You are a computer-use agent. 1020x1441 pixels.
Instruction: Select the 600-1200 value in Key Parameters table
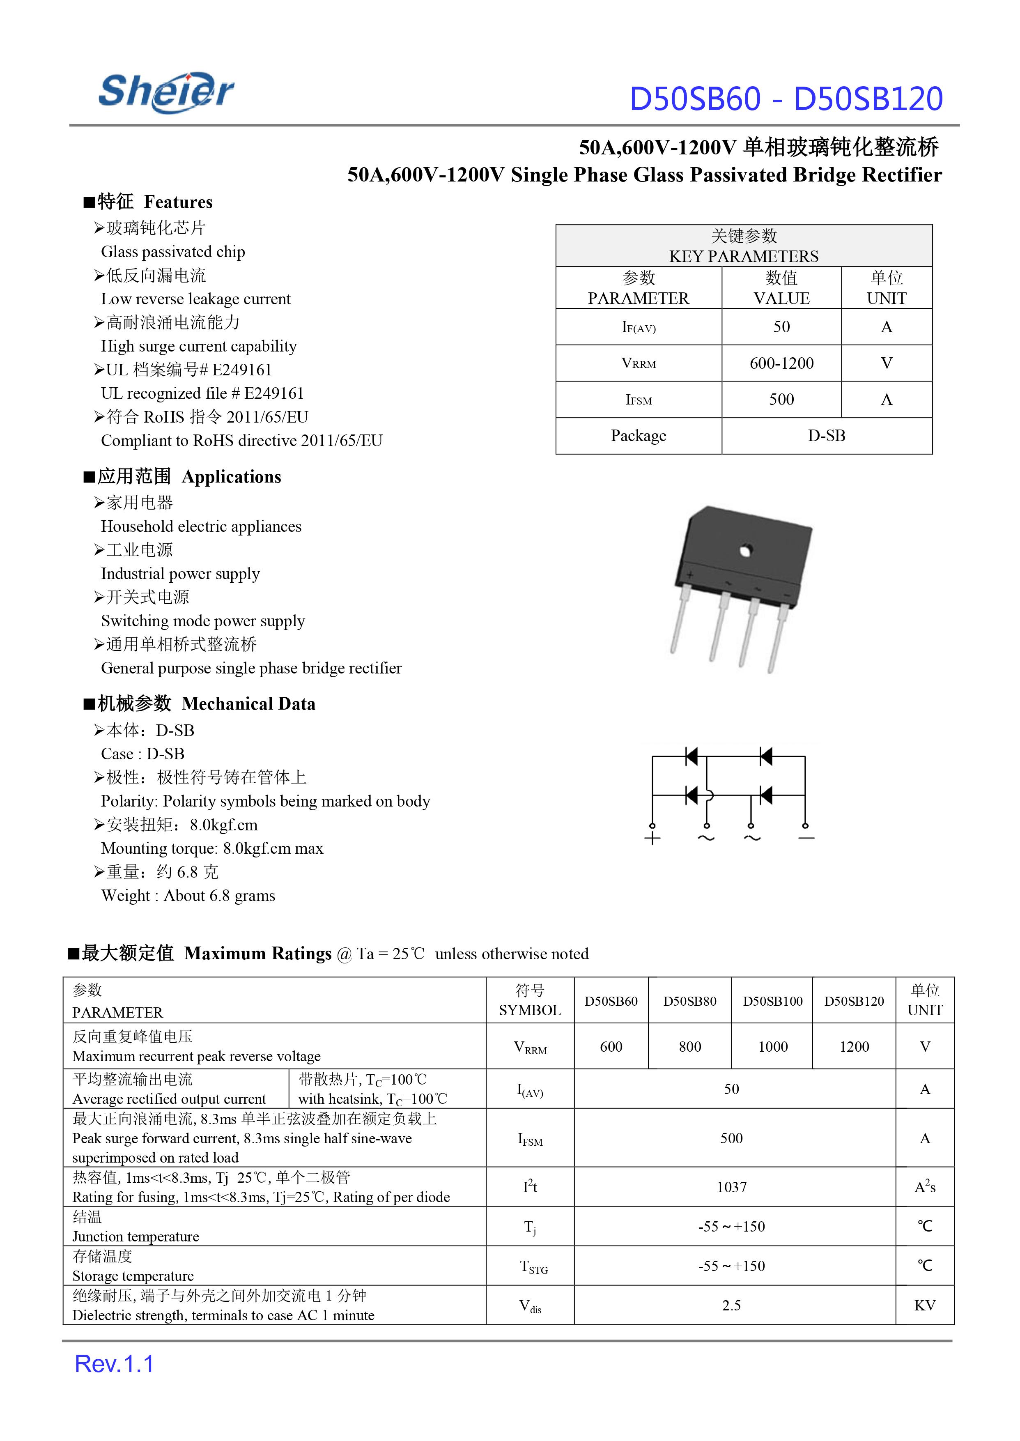(781, 363)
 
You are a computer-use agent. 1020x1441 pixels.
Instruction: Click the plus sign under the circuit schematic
(652, 838)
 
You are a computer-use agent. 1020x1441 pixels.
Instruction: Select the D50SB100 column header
(772, 1001)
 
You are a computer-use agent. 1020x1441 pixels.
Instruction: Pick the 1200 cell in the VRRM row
(854, 1046)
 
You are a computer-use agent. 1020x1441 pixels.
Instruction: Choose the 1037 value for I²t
(732, 1187)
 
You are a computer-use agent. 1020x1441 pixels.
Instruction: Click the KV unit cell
(925, 1305)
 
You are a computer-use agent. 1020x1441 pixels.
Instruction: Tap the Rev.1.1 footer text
(114, 1364)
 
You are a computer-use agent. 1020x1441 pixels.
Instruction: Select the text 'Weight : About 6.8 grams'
(188, 896)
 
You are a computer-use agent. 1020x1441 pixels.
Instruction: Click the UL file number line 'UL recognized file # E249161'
(202, 393)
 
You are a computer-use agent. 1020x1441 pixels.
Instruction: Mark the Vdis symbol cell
(530, 1306)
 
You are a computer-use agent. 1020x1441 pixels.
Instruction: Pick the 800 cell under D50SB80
(689, 1046)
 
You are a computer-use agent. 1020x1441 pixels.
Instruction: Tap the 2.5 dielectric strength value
(732, 1305)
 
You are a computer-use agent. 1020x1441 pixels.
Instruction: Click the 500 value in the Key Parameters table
(781, 400)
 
